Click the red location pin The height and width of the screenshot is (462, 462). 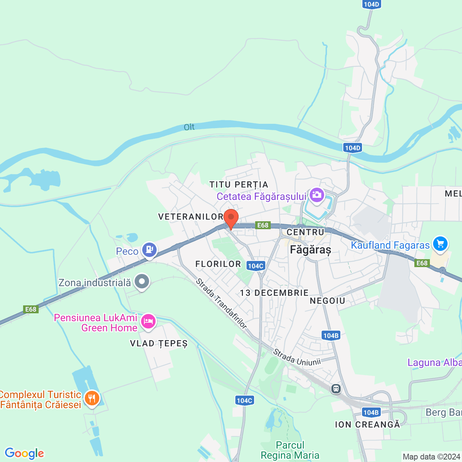(x=231, y=218)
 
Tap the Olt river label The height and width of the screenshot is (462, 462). (x=189, y=127)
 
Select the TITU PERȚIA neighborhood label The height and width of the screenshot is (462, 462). (x=239, y=185)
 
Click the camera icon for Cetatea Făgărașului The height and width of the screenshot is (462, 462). (x=317, y=195)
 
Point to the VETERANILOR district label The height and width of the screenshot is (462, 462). (x=191, y=217)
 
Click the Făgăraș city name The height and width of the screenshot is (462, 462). (x=310, y=249)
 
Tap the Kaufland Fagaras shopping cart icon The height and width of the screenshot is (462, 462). (x=440, y=244)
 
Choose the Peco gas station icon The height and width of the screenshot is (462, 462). (x=149, y=249)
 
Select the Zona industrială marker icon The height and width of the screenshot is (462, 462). (x=142, y=281)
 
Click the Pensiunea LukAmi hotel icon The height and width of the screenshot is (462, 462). (x=148, y=321)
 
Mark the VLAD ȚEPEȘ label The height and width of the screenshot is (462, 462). (x=159, y=343)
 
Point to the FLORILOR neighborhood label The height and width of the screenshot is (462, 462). (x=218, y=264)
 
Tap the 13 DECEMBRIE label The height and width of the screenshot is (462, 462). (x=274, y=293)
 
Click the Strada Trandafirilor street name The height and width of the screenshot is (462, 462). (x=221, y=304)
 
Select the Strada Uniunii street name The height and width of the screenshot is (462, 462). (x=297, y=357)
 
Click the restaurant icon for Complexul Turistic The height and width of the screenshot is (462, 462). (x=92, y=398)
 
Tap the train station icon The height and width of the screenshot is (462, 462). (x=336, y=389)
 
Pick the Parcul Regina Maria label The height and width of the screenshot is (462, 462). (x=290, y=450)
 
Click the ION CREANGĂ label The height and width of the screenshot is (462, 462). (x=367, y=424)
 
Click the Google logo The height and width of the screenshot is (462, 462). (x=24, y=453)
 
